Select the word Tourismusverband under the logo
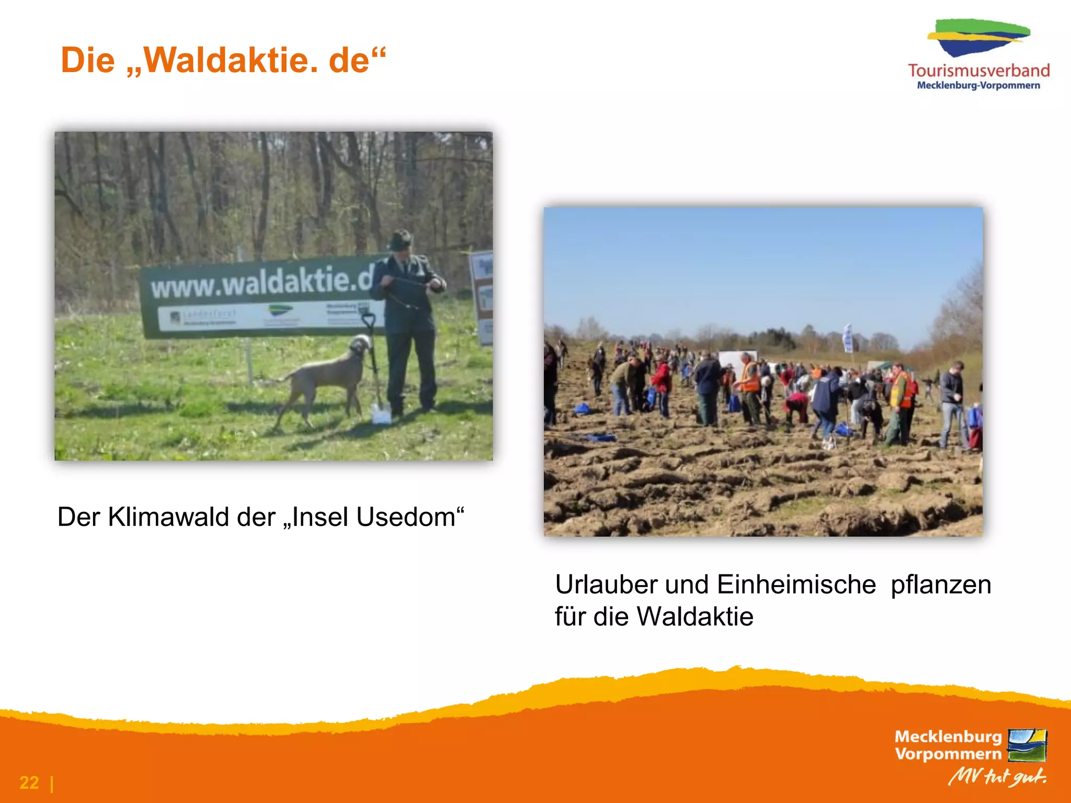978,71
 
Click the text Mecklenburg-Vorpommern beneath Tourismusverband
978,86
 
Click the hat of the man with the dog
401,240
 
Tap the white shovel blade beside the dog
380,414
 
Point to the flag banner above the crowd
848,338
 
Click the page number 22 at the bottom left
29,783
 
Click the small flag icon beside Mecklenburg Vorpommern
1027,745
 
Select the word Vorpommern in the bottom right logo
948,754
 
